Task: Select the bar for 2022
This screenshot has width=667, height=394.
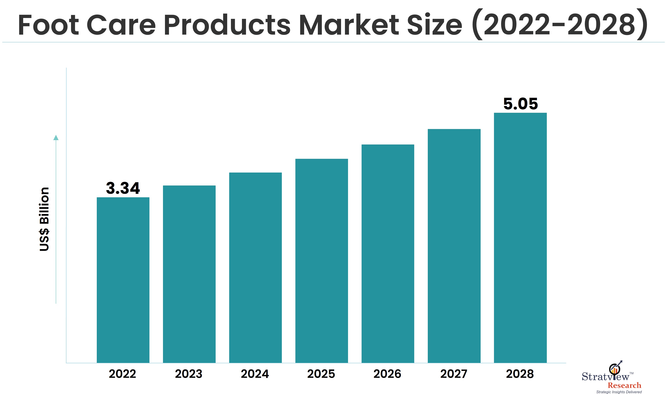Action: click(123, 280)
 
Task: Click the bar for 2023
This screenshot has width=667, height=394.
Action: click(189, 274)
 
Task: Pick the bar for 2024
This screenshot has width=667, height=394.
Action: click(255, 268)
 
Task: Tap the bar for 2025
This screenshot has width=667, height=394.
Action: click(321, 261)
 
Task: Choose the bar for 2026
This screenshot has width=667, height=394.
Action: click(388, 254)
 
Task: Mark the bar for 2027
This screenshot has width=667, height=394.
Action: click(454, 246)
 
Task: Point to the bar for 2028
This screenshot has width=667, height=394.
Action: click(520, 238)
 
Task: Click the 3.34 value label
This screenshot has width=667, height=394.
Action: click(123, 188)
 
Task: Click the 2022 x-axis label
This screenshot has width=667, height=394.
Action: click(123, 374)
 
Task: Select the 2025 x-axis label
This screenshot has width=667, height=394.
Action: click(321, 374)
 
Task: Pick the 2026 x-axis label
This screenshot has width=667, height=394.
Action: click(387, 374)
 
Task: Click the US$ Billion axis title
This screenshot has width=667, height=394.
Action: click(44, 219)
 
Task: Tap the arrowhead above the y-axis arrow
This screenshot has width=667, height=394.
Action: click(56, 138)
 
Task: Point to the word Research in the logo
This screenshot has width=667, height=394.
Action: click(624, 385)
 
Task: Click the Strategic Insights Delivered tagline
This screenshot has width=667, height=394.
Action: click(619, 392)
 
